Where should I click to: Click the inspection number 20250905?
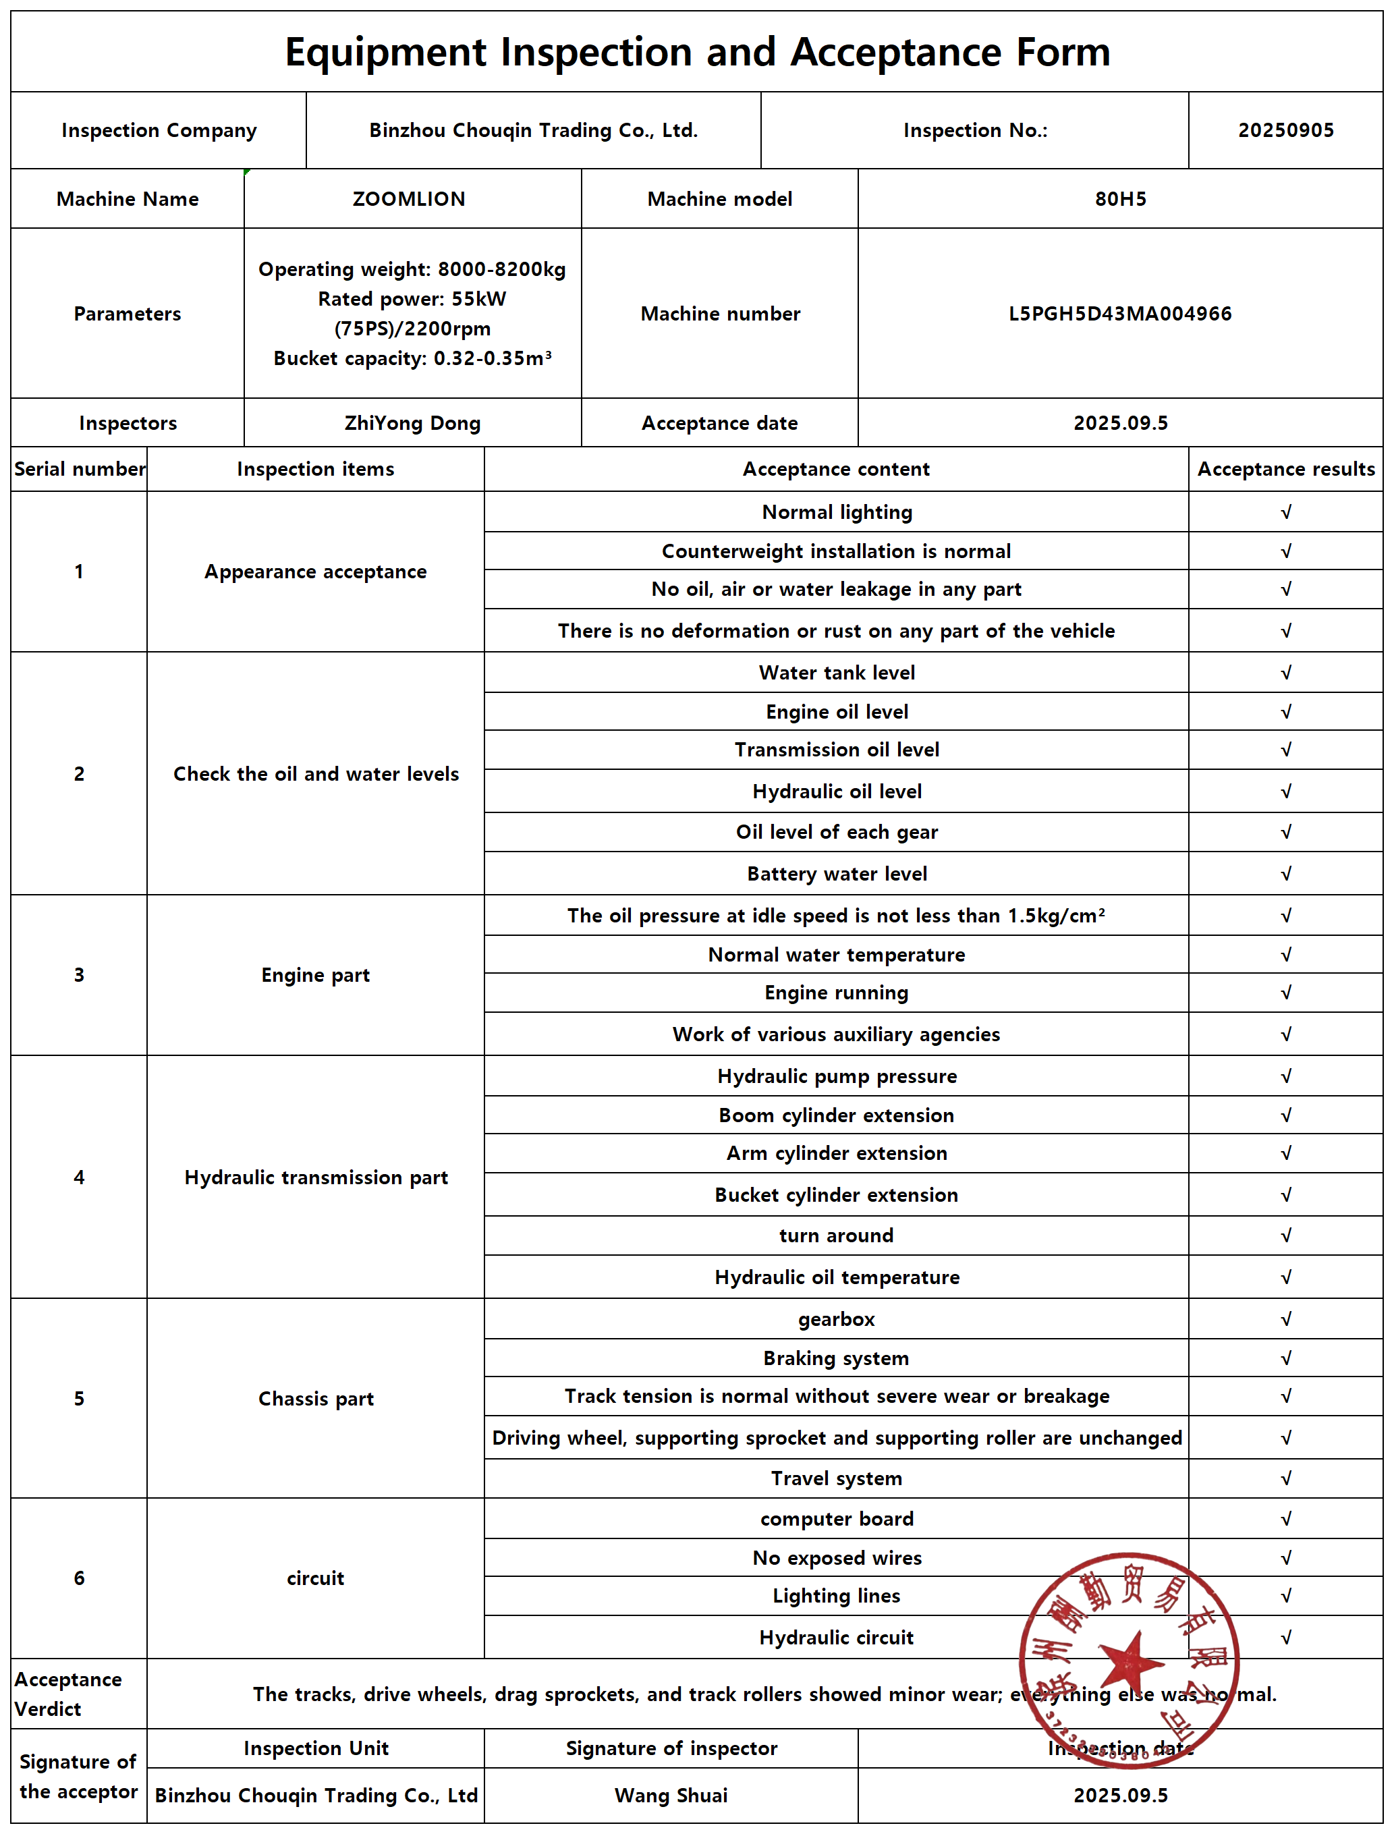[1285, 130]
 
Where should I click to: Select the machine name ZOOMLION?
[408, 199]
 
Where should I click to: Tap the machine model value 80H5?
[1120, 199]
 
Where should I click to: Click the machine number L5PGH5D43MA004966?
[1120, 314]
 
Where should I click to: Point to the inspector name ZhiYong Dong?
[412, 423]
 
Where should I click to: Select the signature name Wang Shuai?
[671, 1795]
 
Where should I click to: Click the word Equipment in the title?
[386, 52]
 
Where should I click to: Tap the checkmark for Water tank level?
[1285, 673]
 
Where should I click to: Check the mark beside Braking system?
[1285, 1358]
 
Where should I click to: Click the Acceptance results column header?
[1285, 469]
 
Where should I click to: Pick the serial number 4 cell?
[79, 1177]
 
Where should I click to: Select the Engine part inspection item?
[315, 975]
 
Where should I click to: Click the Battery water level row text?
[837, 874]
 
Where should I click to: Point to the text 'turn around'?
[837, 1235]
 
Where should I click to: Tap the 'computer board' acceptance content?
[837, 1519]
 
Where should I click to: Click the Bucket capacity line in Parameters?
[412, 358]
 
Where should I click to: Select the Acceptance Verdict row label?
[68, 1694]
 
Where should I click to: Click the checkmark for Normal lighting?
[1285, 512]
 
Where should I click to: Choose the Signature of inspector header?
[671, 1748]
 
